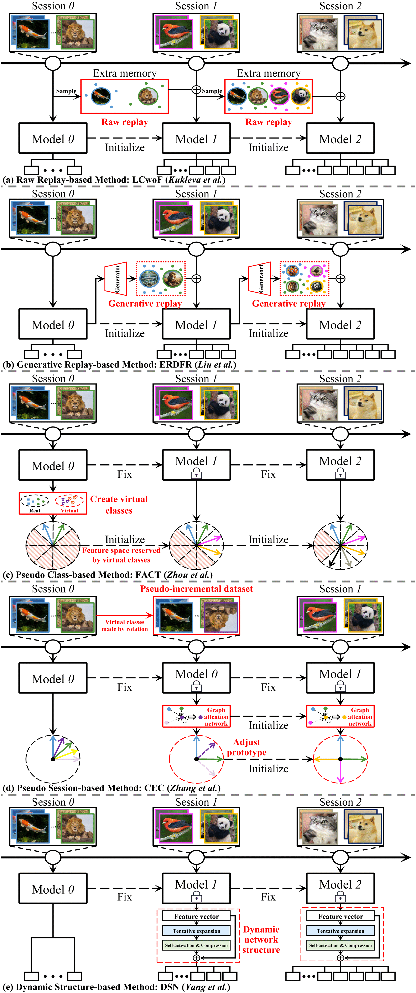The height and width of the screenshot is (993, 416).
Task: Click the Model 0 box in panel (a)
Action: [53, 138]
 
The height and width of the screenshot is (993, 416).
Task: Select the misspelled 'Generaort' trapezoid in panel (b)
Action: [259, 278]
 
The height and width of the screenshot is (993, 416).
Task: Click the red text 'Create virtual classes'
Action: [119, 505]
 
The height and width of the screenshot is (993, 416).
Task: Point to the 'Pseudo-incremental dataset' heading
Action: [196, 589]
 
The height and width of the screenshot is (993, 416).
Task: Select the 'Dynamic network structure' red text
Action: [261, 939]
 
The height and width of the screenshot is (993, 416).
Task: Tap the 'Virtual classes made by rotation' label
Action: [125, 625]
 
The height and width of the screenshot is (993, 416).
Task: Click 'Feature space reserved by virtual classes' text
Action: [121, 555]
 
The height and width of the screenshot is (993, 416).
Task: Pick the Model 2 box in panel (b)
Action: [340, 325]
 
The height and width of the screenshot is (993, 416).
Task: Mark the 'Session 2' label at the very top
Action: [340, 6]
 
